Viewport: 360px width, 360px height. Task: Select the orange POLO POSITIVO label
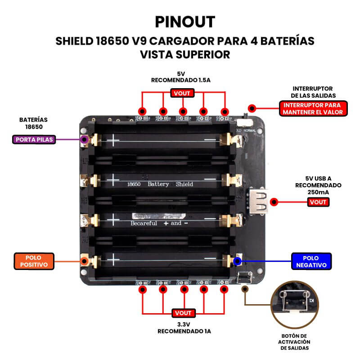click(34, 261)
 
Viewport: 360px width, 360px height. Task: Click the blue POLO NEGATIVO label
click(311, 261)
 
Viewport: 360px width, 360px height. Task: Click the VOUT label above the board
click(183, 93)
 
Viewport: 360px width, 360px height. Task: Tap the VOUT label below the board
click(183, 313)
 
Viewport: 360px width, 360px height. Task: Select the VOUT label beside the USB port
click(318, 202)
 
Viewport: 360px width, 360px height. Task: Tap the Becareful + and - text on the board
click(159, 223)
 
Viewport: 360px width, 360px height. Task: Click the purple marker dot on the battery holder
click(84, 139)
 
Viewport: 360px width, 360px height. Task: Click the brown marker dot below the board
click(245, 289)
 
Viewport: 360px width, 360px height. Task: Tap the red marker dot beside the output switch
click(252, 108)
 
